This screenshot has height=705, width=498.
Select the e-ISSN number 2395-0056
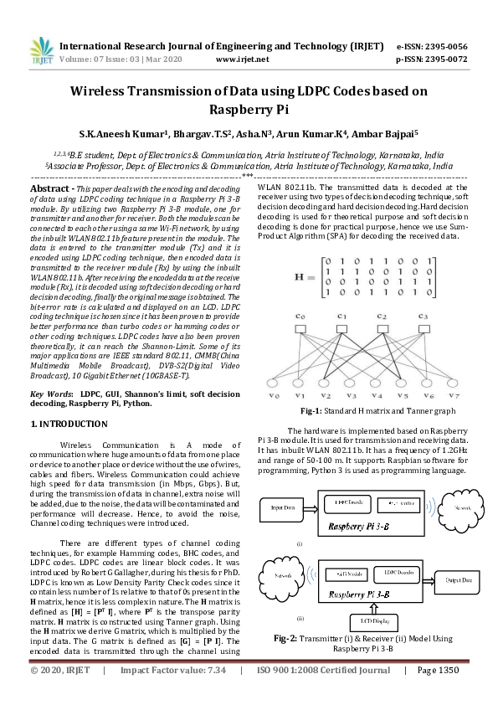pos(443,46)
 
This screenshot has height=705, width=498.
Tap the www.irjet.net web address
pos(242,59)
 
